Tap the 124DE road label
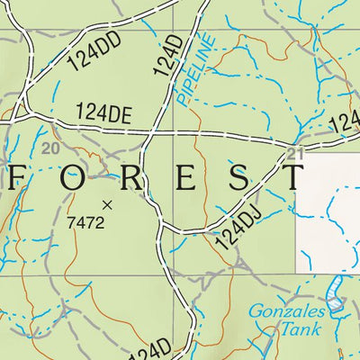point(103,112)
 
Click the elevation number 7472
point(86,221)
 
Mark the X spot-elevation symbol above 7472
point(108,204)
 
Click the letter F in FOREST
point(18,177)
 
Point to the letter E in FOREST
point(184,177)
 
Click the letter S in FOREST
point(238,177)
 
